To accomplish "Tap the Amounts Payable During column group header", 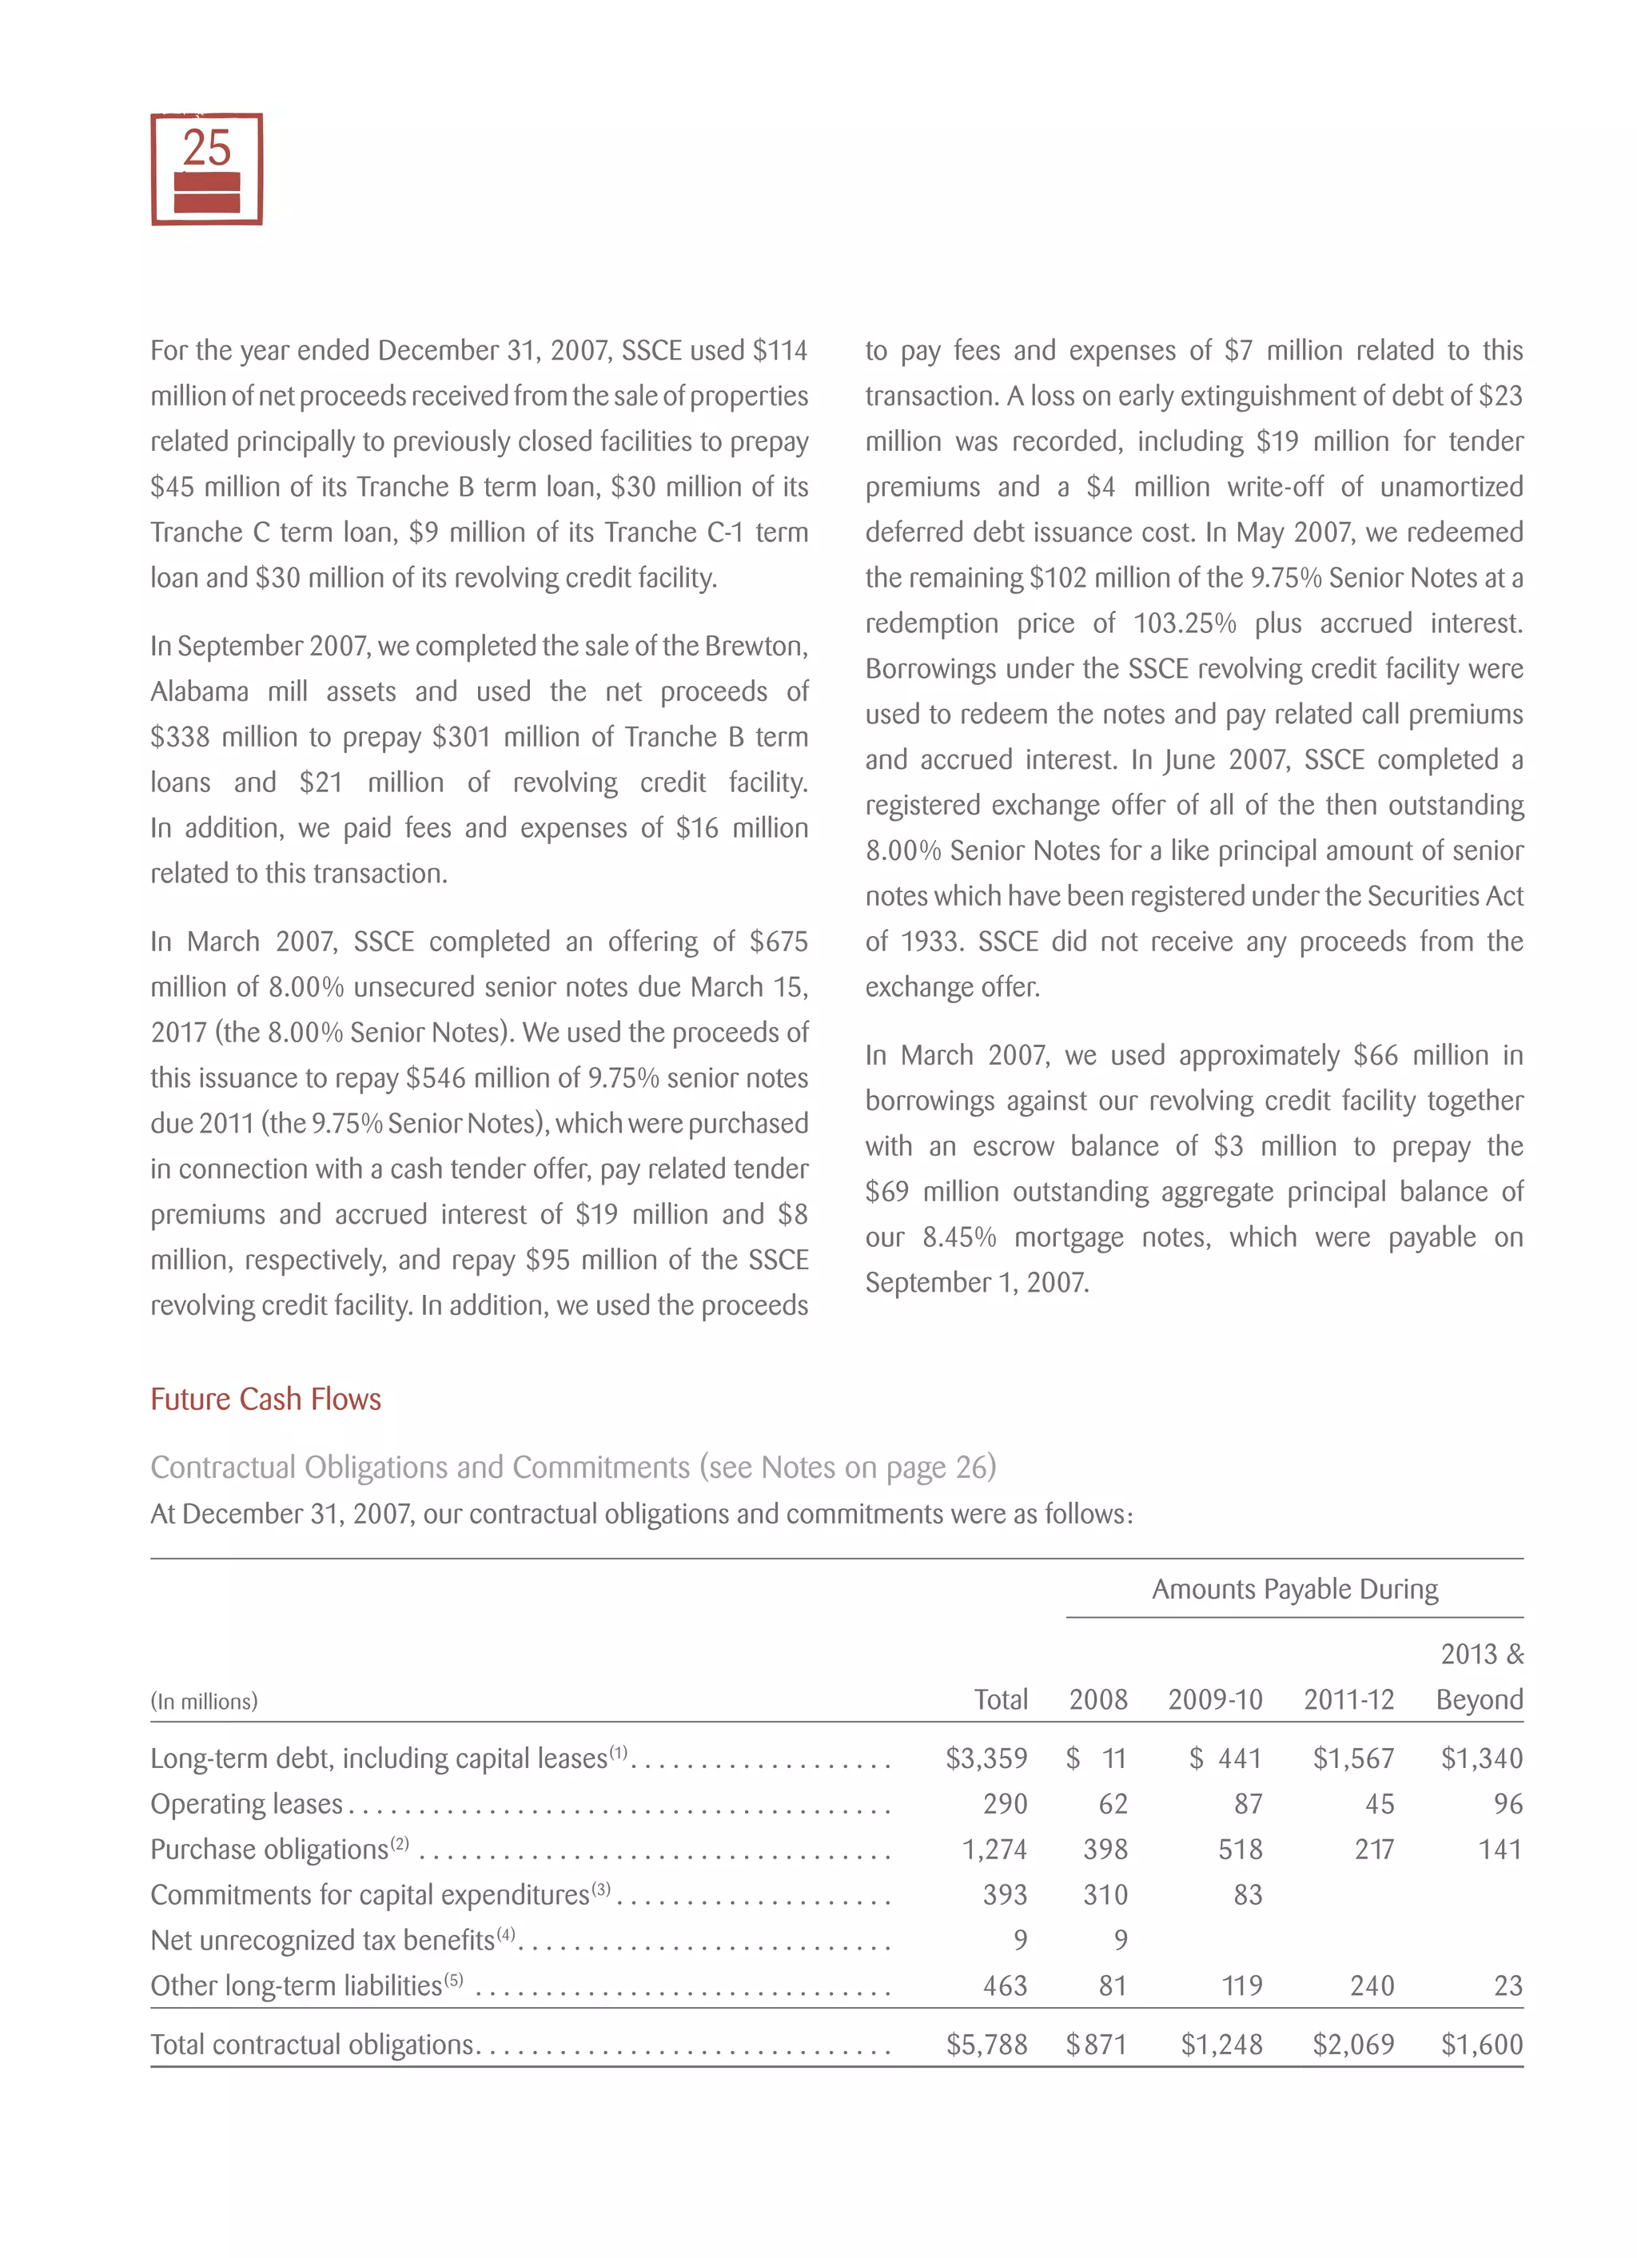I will (x=1293, y=1589).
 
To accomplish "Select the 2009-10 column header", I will (x=1214, y=1699).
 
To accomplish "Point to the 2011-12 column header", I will (x=1348, y=1699).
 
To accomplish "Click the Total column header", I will (x=1000, y=1699).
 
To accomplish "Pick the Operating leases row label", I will (x=246, y=1804).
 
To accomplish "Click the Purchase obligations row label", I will (x=269, y=1850).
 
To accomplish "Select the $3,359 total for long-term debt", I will (x=986, y=1758).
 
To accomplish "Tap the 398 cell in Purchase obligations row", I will (x=1105, y=1850).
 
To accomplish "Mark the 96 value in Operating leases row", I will (x=1507, y=1804).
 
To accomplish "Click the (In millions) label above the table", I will (x=204, y=1702).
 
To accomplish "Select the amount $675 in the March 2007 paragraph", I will (x=778, y=942).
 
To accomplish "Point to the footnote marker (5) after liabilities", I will (x=453, y=1979).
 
